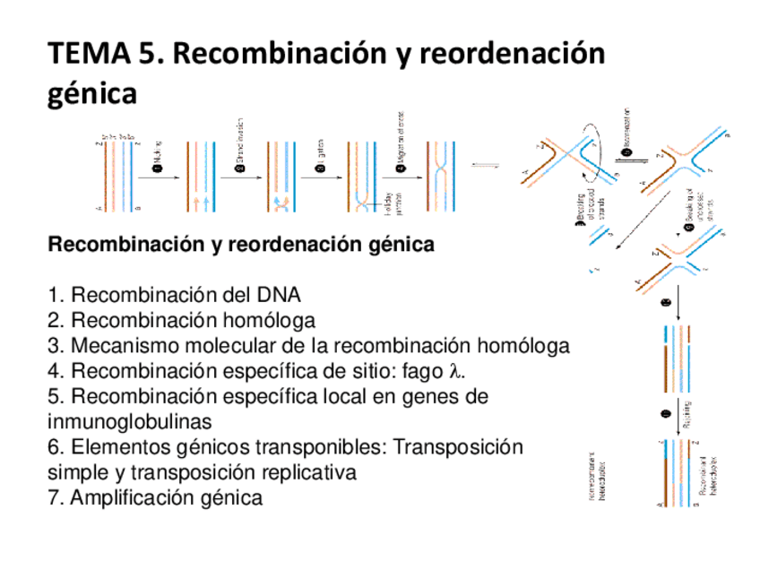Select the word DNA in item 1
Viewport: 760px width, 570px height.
277,297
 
